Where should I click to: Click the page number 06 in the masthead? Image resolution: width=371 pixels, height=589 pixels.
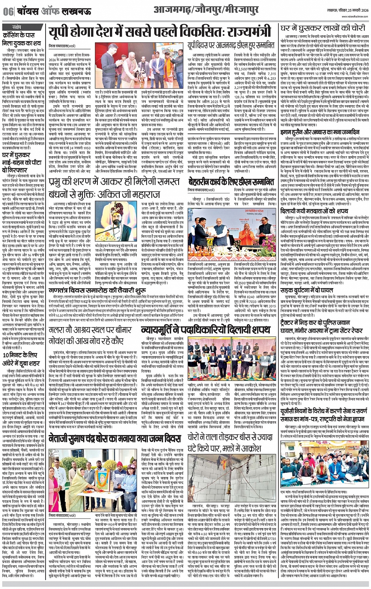tap(8, 12)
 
